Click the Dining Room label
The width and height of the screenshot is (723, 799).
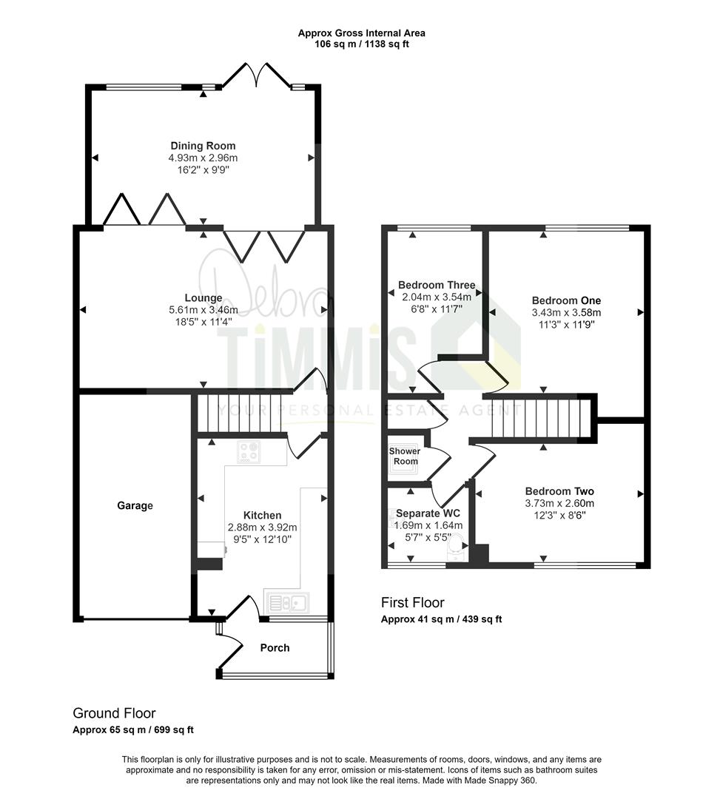point(203,146)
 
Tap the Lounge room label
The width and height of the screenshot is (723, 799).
point(204,298)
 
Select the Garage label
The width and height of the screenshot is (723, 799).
point(135,506)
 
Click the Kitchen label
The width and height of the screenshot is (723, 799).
point(263,515)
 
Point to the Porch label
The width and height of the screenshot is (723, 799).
point(275,648)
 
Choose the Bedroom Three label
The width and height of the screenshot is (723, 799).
point(437,285)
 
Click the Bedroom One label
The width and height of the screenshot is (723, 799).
point(566,300)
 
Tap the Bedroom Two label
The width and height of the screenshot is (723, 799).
point(559,491)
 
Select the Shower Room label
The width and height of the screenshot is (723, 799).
point(405,456)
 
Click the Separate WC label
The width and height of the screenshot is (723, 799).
point(427,513)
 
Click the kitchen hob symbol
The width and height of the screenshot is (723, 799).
point(248,452)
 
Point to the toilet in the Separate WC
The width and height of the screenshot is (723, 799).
point(457,544)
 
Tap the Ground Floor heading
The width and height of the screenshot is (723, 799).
point(114,713)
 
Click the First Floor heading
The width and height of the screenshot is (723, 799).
point(413,603)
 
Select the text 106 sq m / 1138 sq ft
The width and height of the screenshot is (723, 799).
point(362,44)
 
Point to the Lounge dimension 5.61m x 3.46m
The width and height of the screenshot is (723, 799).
point(204,311)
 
